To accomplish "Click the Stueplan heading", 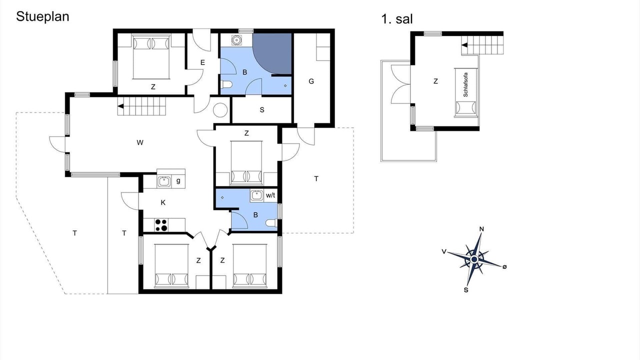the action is point(42,16).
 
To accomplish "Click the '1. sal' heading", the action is point(397,19).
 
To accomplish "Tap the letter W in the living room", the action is point(139,142).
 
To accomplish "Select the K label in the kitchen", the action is point(163,202).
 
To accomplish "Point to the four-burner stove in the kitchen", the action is point(161,225).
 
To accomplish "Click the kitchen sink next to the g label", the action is point(164,181).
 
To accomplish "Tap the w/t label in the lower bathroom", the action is point(270,195).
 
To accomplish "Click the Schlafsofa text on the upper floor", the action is point(465,84).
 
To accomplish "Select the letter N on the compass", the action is point(481,229).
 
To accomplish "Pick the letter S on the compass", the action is point(466,290).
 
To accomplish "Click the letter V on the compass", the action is point(443,251).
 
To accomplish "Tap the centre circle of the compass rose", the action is point(474,259).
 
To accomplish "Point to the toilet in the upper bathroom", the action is point(226,84).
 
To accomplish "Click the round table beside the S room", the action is point(220,110).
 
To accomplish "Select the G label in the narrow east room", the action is point(311,81).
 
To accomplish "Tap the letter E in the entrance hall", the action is point(202,62).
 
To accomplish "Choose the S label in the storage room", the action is point(262,110).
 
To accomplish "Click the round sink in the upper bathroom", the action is point(236,40).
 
